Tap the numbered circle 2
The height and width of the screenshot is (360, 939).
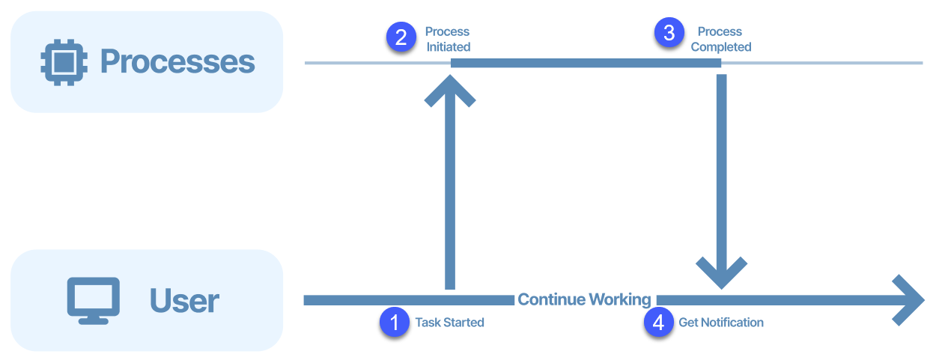(401, 37)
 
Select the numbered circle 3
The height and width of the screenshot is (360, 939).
(669, 32)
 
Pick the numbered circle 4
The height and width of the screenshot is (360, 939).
(658, 323)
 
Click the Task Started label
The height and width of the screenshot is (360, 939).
(449, 323)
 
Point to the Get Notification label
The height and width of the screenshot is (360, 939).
(721, 323)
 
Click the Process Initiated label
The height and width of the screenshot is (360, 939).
(448, 39)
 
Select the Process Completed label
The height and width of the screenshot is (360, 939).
(720, 39)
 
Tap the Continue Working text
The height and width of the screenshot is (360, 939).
(584, 299)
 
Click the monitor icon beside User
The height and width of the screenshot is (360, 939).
(94, 300)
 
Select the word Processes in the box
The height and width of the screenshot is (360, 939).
(177, 61)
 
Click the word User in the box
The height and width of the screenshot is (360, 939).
(184, 300)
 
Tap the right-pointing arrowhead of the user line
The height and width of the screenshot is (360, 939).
(909, 299)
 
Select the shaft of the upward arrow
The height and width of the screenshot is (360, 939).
(450, 195)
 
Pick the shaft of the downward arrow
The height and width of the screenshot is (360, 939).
(722, 165)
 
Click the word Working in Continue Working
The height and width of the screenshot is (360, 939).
(619, 299)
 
